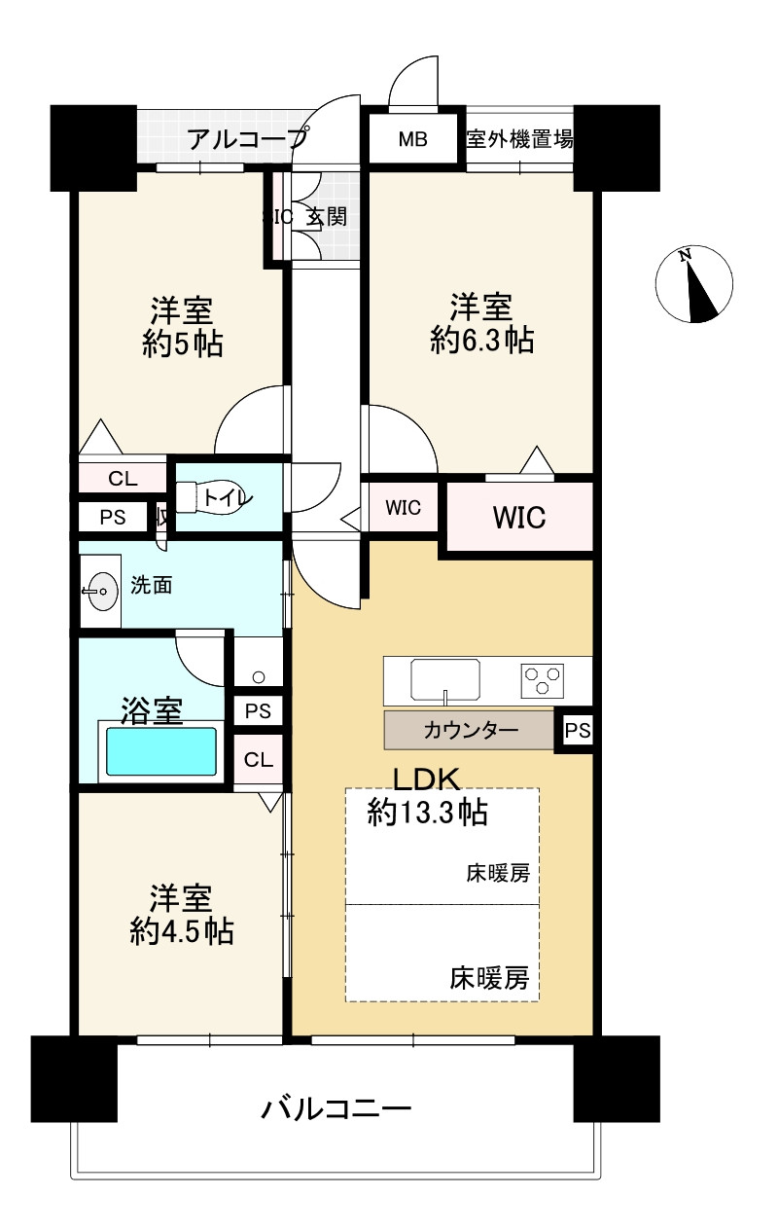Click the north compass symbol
694,284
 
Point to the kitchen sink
445,678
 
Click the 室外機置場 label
519,139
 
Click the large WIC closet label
518,517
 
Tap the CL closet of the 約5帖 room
123,478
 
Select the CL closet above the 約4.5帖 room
258,760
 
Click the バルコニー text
337,1108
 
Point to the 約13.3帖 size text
428,812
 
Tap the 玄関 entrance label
327,217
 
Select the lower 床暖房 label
490,977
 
